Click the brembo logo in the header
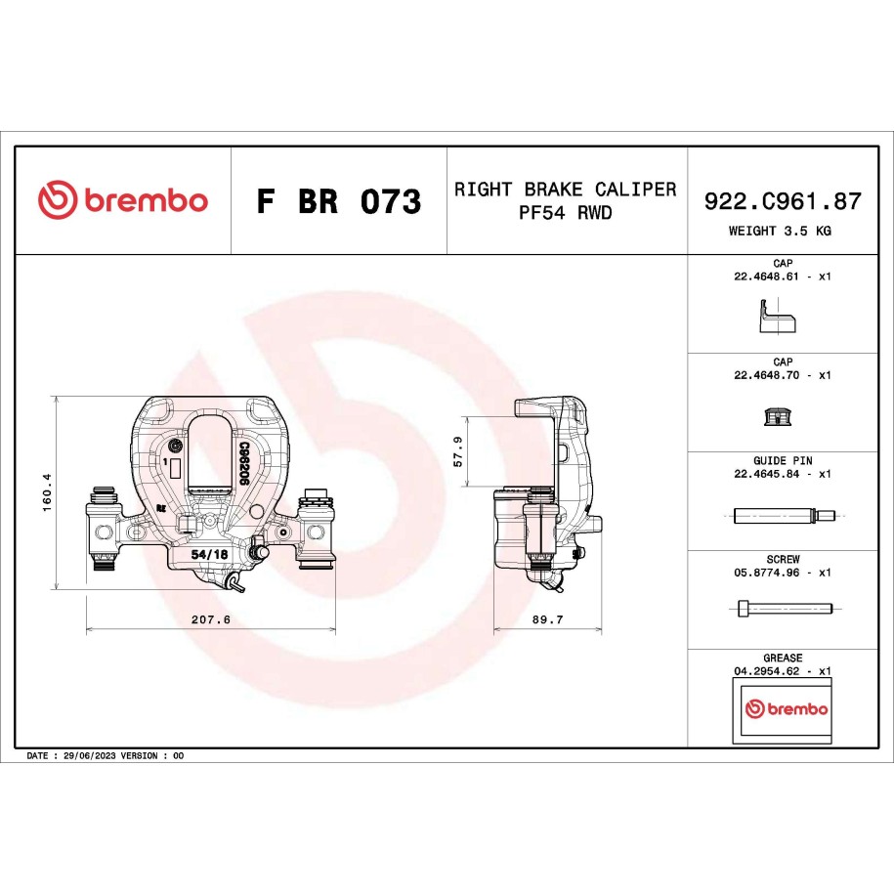[x=123, y=199]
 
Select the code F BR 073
[x=339, y=200]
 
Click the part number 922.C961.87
[x=783, y=201]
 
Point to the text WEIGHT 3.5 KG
[x=780, y=231]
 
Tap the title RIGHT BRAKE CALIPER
[x=565, y=190]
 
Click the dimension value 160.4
[x=47, y=492]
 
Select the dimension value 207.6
[x=211, y=619]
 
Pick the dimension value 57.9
[x=458, y=451]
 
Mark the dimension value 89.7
[x=548, y=619]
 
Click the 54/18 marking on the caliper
[x=209, y=554]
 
